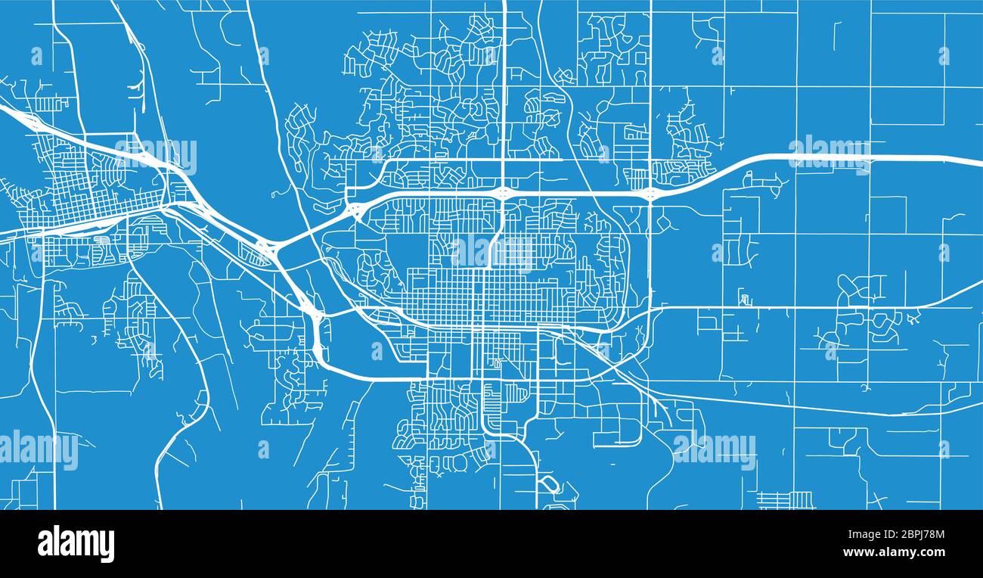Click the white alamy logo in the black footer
pos(76,544)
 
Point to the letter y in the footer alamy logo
pos(108,546)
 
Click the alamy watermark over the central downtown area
pos(492,251)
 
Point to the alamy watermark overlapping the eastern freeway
pos(830,154)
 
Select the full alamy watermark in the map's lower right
pos(714,451)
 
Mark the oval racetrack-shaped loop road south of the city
pos(548,484)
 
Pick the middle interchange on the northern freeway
pos(503,193)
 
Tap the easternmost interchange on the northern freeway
pos(650,194)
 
